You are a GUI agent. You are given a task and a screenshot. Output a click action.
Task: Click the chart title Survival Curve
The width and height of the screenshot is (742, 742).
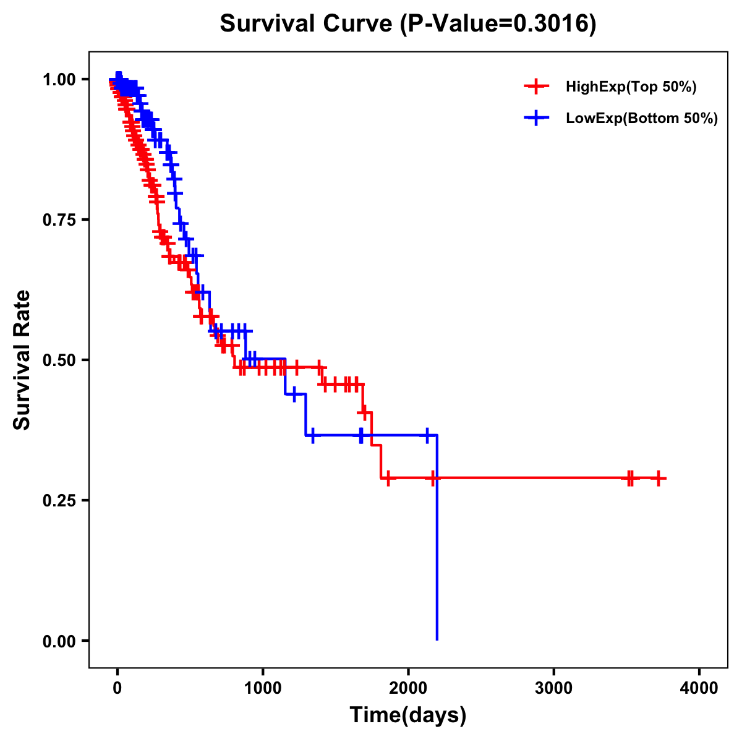305,24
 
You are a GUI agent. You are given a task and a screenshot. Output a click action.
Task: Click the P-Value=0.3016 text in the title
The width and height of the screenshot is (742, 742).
498,24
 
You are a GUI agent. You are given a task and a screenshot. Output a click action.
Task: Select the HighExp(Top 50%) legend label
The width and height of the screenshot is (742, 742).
631,87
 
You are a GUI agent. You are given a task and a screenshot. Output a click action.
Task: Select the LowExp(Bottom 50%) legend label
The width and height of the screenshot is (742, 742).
641,119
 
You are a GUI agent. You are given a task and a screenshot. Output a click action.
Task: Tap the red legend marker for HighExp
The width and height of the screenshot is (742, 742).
536,87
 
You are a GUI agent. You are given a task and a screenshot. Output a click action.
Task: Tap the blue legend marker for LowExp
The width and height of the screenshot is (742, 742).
536,118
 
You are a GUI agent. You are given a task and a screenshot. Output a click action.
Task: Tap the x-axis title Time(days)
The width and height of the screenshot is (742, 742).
408,715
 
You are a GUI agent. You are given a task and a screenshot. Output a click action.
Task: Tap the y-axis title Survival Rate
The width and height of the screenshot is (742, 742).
23,360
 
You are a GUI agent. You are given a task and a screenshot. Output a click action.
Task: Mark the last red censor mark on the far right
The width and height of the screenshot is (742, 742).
659,478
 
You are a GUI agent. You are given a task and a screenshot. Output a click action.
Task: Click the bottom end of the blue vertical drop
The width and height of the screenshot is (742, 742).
437,639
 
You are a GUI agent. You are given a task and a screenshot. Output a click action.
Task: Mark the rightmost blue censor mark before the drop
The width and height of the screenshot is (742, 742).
427,435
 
